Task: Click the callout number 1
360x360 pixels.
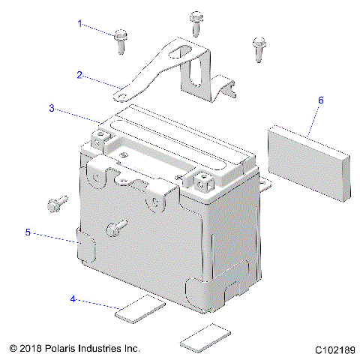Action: click(79, 23)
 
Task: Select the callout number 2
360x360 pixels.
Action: click(79, 74)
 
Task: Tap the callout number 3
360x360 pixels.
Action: click(52, 108)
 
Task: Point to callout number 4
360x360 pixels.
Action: click(73, 299)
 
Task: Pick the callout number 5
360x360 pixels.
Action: click(28, 232)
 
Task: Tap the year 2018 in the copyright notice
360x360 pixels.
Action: click(32, 349)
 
